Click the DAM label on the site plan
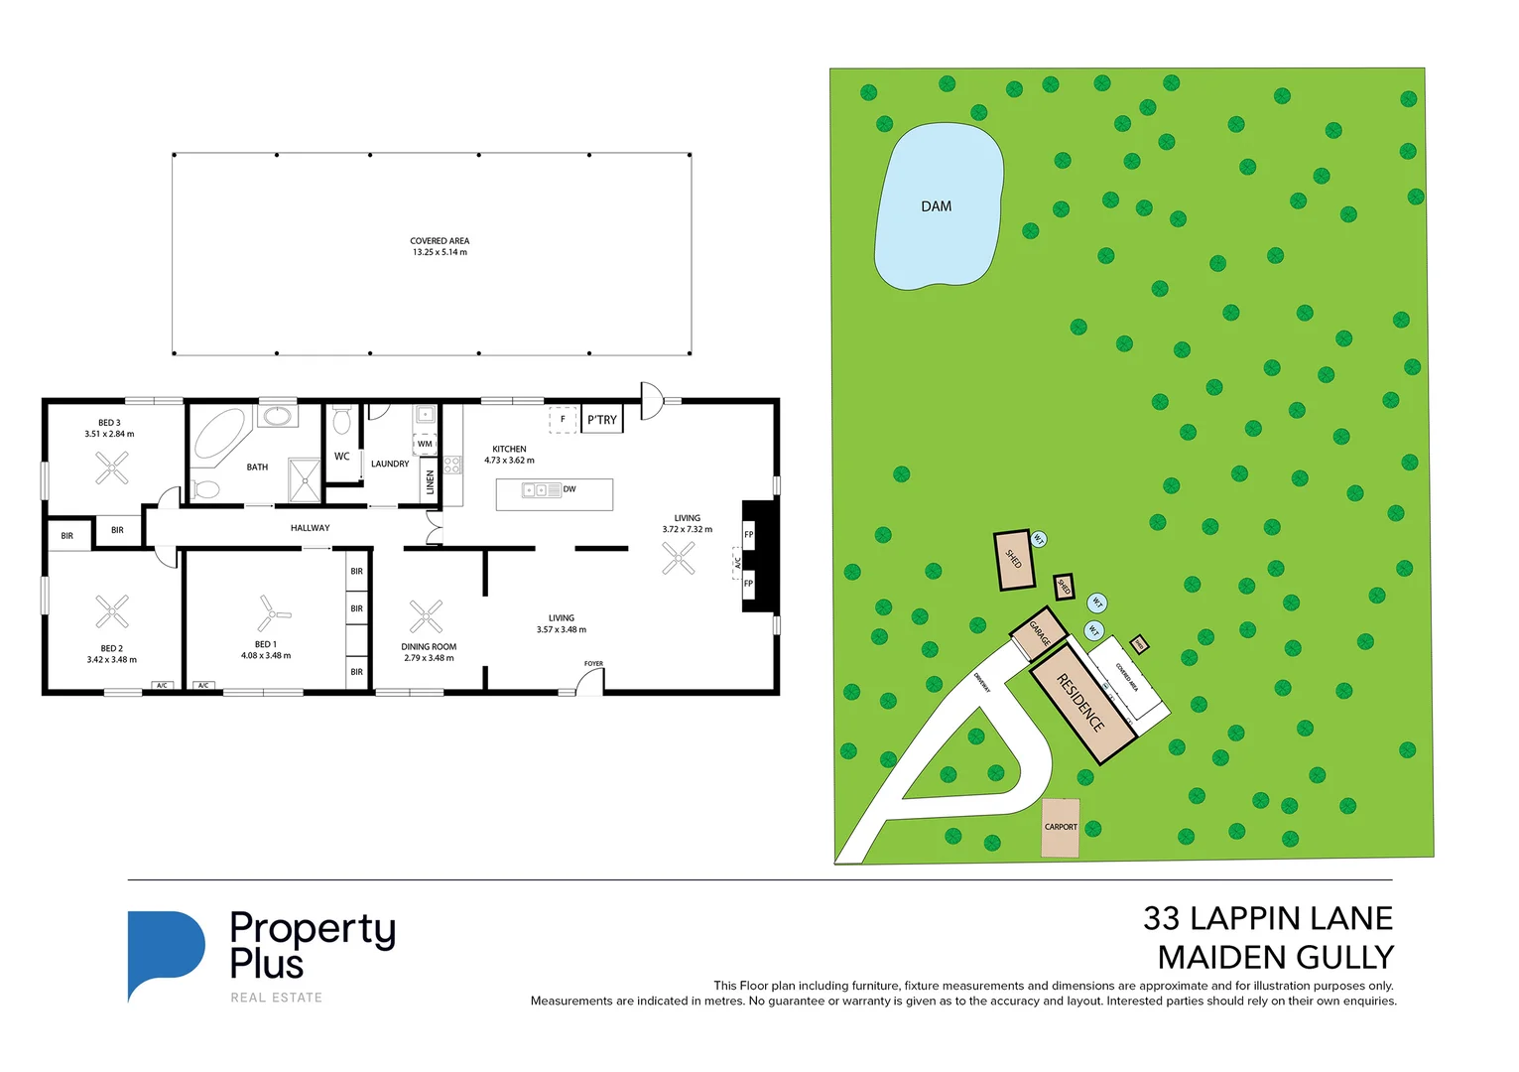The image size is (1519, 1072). click(x=936, y=206)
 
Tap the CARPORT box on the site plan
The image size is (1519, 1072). click(x=1060, y=827)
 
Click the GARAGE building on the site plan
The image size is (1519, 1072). click(x=1039, y=633)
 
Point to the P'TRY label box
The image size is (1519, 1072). click(x=601, y=420)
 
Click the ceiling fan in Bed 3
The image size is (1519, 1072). click(x=112, y=468)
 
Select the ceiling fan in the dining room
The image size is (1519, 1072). click(x=426, y=616)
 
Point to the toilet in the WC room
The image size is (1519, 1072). click(x=342, y=421)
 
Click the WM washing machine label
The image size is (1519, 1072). click(x=425, y=444)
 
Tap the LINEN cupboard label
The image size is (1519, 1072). click(x=430, y=482)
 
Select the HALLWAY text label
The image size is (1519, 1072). click(x=310, y=528)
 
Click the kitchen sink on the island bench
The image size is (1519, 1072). click(x=536, y=489)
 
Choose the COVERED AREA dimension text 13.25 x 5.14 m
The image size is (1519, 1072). click(x=440, y=252)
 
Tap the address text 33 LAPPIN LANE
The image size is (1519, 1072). click(x=1267, y=918)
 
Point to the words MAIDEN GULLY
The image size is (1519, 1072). click(x=1275, y=958)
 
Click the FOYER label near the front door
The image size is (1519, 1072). click(x=593, y=664)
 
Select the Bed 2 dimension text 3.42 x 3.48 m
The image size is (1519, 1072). click(x=111, y=660)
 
